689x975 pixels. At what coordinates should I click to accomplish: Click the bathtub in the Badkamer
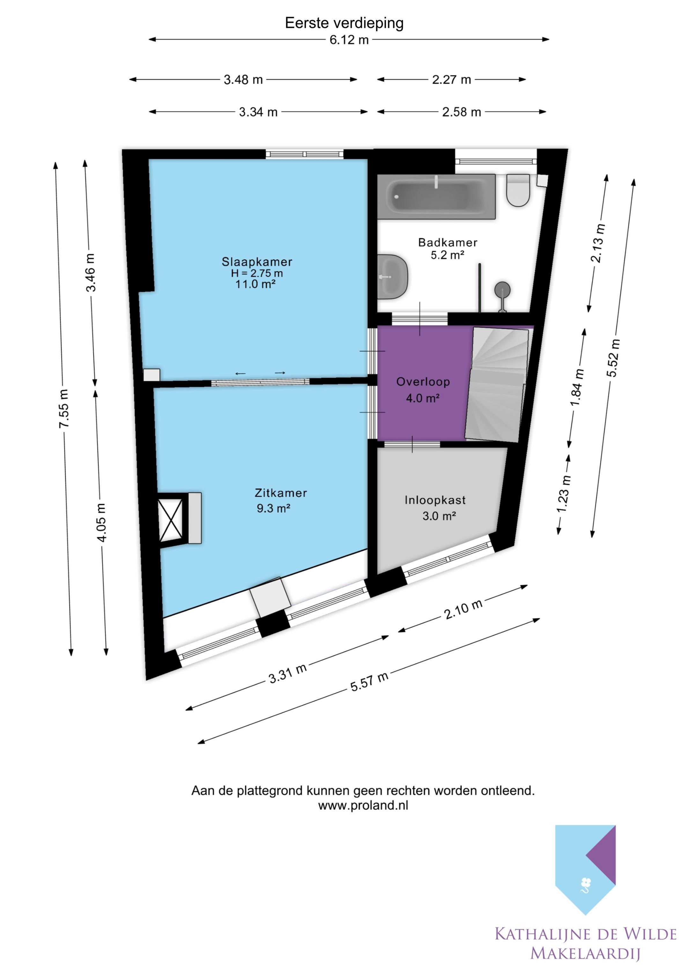click(x=436, y=196)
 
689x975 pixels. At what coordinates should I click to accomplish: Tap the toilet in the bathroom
click(x=518, y=190)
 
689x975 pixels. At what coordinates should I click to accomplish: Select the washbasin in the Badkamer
click(x=393, y=277)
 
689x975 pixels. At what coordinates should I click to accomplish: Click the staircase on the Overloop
click(x=497, y=384)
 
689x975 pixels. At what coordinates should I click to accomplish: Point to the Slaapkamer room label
click(x=257, y=262)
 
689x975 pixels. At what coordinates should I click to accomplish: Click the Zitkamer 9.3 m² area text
click(x=273, y=508)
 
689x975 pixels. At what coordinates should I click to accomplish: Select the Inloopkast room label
click(x=435, y=500)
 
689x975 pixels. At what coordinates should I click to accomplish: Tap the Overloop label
click(x=423, y=382)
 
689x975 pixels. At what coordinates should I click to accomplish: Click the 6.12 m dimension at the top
click(x=349, y=40)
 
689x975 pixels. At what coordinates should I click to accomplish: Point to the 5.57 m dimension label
click(x=369, y=682)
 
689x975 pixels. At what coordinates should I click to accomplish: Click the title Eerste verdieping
click(x=344, y=23)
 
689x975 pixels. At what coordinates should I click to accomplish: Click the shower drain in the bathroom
click(x=502, y=291)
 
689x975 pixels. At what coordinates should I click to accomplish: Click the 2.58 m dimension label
click(x=462, y=112)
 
